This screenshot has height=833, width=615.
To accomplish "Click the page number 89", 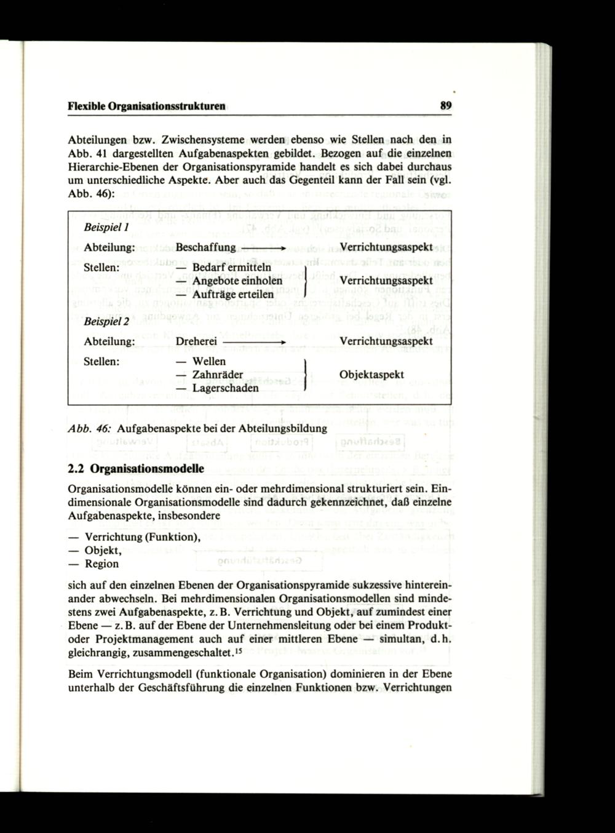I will click(446, 106).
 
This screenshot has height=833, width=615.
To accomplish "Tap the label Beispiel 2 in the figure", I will click(103, 321).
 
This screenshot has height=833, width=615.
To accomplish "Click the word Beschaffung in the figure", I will click(205, 247).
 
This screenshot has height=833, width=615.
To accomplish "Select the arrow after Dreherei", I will click(255, 341).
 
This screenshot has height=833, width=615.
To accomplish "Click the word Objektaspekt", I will click(371, 375).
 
